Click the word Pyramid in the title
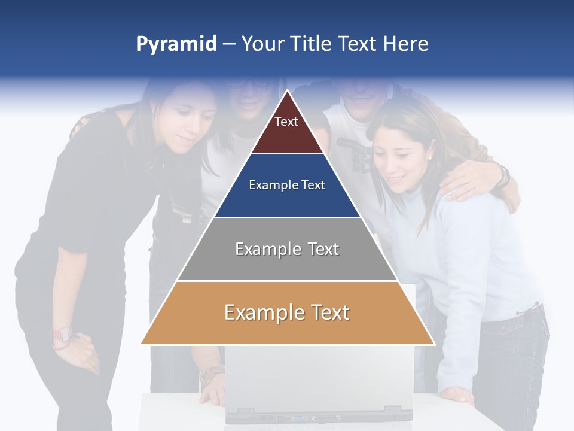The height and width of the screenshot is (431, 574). pyautogui.click(x=176, y=44)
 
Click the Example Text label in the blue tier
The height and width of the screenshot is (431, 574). pyautogui.click(x=287, y=185)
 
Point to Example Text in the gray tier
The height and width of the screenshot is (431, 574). pyautogui.click(x=287, y=249)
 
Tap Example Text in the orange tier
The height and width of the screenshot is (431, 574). pyautogui.click(x=287, y=312)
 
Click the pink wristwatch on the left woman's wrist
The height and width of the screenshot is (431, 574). pyautogui.click(x=61, y=334)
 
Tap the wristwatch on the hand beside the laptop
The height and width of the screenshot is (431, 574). pyautogui.click(x=211, y=375)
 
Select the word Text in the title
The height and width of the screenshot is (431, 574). pyautogui.click(x=357, y=44)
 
